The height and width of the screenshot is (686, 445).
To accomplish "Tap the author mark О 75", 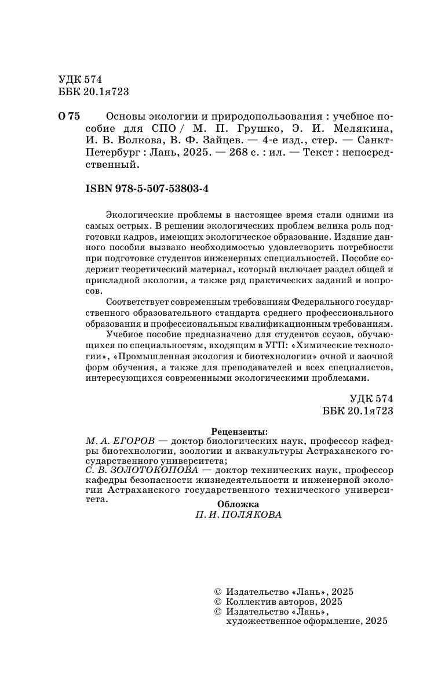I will tap(69, 115).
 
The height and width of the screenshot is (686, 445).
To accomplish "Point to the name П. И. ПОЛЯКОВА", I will tap(239, 515).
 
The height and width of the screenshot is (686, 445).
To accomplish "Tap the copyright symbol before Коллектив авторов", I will tap(218, 602).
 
